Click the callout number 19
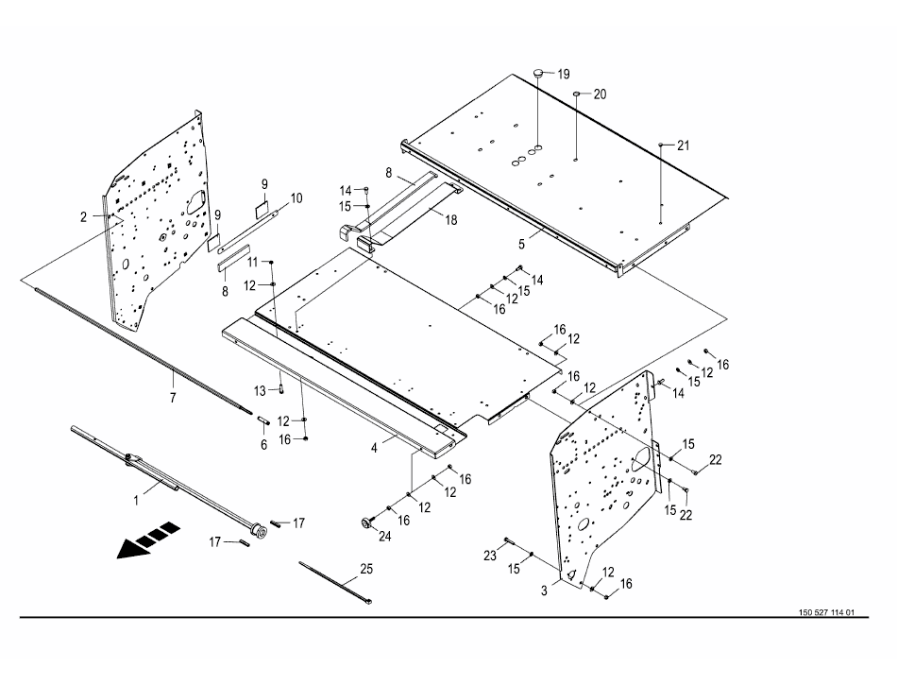click(564, 74)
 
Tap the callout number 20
click(600, 94)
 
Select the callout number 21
click(683, 145)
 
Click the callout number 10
click(296, 198)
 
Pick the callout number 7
click(173, 398)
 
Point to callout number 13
click(260, 390)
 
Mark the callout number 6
click(263, 444)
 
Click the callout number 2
click(83, 216)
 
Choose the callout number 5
click(521, 243)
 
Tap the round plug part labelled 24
click(362, 521)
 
